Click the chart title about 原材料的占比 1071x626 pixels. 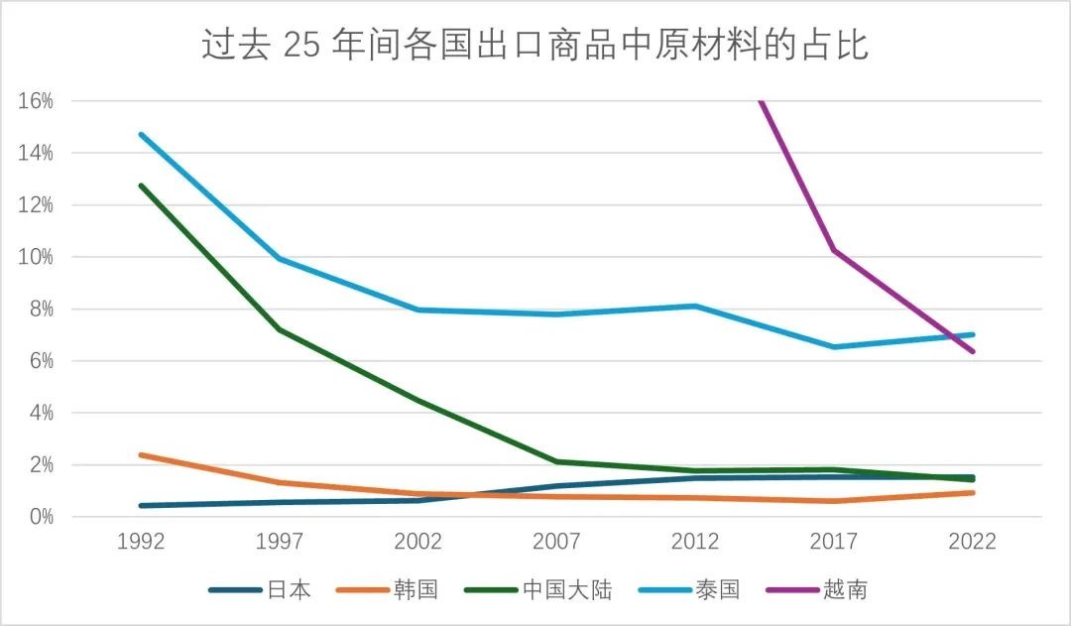coord(535,46)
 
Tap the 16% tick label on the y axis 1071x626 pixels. coord(35,101)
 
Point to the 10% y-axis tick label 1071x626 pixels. coord(35,257)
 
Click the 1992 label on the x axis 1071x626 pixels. coord(141,542)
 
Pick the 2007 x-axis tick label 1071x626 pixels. coord(557,542)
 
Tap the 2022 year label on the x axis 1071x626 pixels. coord(972,542)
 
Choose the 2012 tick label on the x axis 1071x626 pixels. coord(695,542)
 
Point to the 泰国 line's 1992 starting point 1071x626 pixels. coord(141,134)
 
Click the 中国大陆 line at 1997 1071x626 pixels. coord(280,329)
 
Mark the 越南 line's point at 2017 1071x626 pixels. coord(834,250)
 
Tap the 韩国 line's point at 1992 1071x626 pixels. coord(141,455)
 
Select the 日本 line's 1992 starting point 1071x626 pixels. coord(141,506)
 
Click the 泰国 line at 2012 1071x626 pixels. coord(695,306)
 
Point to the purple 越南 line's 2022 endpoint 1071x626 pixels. coord(972,351)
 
